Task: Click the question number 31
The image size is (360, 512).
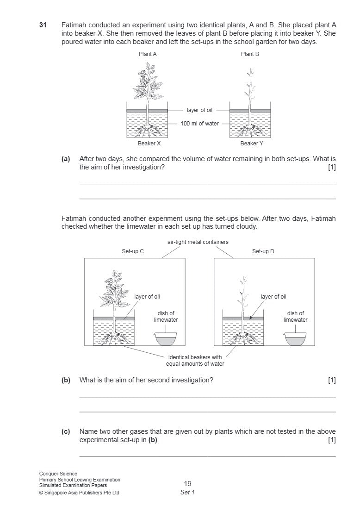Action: click(43, 25)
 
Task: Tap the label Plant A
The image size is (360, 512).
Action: click(148, 54)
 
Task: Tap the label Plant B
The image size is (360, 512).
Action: click(250, 54)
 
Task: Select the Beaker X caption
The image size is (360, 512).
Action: click(149, 144)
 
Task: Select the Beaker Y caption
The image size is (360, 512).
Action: click(252, 144)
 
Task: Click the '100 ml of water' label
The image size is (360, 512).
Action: click(199, 124)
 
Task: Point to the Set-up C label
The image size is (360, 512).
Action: click(133, 251)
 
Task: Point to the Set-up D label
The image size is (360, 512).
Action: click(263, 251)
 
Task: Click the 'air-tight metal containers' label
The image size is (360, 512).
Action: click(198, 242)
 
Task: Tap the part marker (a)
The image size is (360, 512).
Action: click(66, 159)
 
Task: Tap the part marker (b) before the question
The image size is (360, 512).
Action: click(66, 380)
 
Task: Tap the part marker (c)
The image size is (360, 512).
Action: click(66, 431)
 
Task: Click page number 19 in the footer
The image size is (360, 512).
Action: click(187, 484)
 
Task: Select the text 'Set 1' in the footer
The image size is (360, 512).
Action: click(187, 492)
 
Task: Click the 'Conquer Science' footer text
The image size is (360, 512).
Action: click(58, 474)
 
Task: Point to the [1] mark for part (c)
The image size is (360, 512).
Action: click(332, 440)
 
